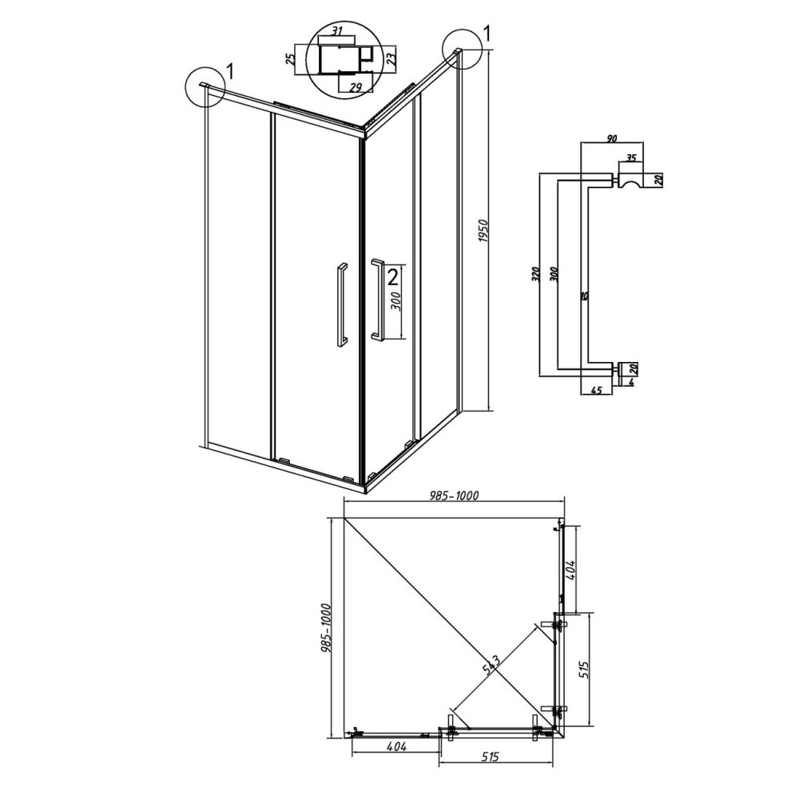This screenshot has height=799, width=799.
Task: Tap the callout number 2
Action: (x=392, y=276)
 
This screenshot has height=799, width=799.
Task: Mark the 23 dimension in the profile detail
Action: (x=391, y=58)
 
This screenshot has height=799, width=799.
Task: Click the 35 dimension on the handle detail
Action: (x=630, y=158)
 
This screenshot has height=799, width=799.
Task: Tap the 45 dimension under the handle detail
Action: (x=596, y=392)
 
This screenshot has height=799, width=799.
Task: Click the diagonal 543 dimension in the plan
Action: (x=491, y=662)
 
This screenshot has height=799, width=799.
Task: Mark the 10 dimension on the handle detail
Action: (x=585, y=296)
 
